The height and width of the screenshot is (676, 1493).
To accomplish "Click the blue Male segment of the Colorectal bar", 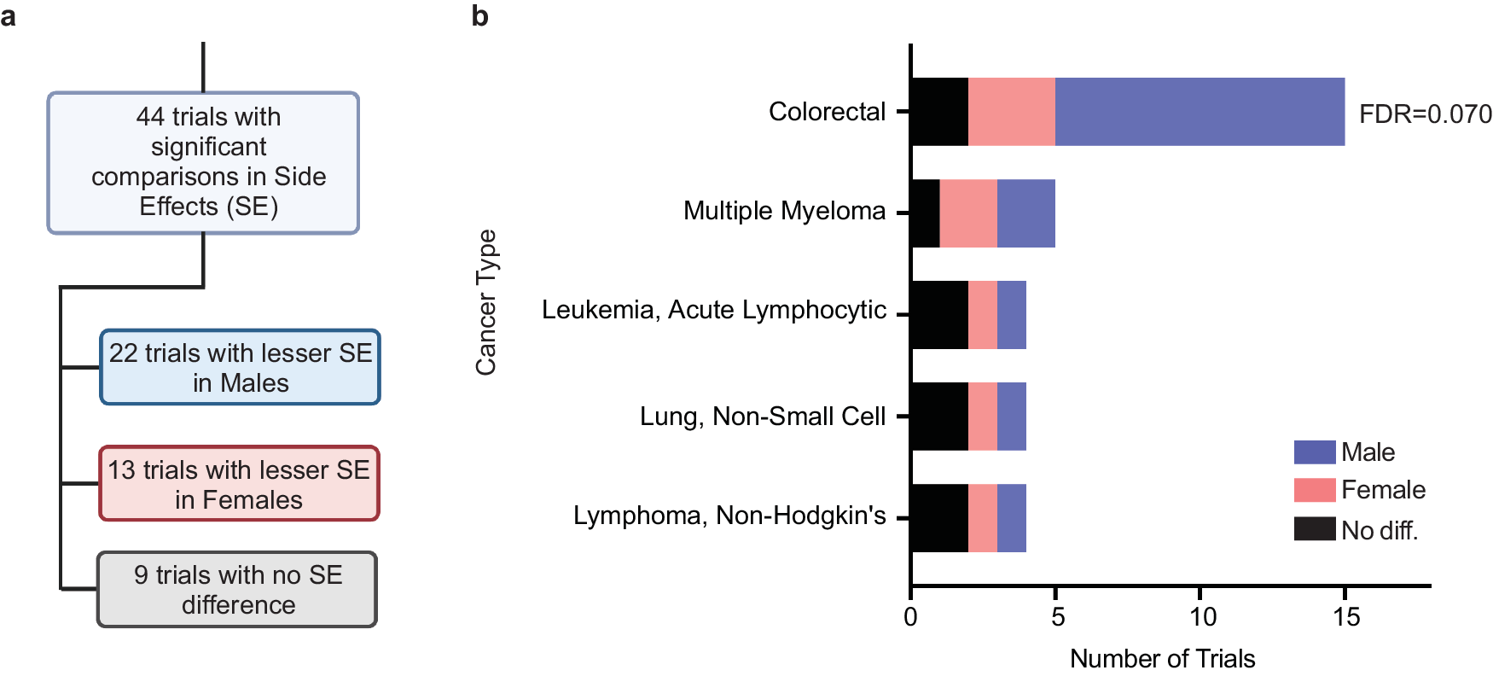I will (x=1199, y=112).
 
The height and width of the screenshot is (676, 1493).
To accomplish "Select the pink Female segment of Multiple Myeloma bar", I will (x=968, y=213).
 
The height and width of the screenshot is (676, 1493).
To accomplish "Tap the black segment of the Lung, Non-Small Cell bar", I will (x=939, y=417).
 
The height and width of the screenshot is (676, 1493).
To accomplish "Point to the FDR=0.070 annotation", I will (x=1425, y=114).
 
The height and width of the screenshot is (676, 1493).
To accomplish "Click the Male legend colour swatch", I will (x=1314, y=452).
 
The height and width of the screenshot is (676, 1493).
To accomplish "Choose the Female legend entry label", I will (x=1383, y=490).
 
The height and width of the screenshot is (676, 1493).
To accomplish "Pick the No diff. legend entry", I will (x=1379, y=530).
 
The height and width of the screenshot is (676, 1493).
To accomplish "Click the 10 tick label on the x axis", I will (x=1201, y=617).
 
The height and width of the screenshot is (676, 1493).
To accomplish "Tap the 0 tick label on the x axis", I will (x=911, y=617).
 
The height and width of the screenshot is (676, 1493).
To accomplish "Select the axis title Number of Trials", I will (x=1162, y=659).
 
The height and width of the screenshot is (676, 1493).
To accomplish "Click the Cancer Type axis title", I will (x=486, y=302).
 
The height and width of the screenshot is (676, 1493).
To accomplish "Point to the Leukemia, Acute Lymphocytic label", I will (x=713, y=310).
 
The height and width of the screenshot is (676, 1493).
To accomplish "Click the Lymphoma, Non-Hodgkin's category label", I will (x=729, y=516).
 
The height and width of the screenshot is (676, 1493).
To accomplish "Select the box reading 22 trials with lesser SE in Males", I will (x=241, y=368).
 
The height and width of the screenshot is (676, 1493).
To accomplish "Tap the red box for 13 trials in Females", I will (x=239, y=484).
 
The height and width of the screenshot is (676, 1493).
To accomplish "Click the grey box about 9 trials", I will (x=238, y=590).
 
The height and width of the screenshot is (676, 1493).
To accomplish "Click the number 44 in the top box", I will (x=150, y=116).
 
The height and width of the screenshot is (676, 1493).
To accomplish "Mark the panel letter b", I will (x=479, y=15).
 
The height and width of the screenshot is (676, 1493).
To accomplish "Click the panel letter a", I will (x=9, y=15).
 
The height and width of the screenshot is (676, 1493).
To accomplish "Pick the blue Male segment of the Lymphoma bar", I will (x=1012, y=518).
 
